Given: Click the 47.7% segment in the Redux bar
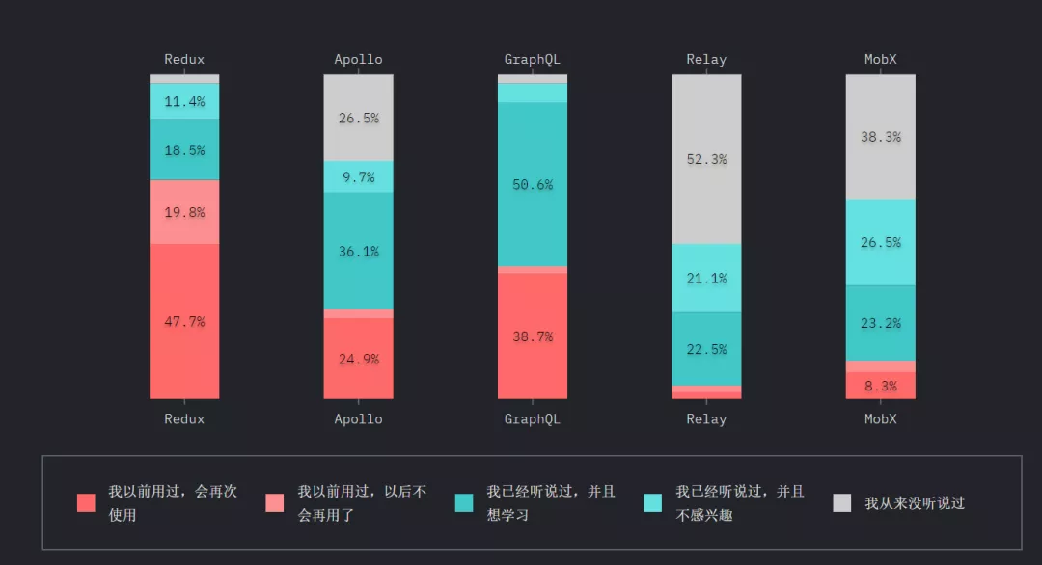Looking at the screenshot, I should (x=184, y=321).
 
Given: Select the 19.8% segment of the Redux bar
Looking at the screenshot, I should (x=184, y=212).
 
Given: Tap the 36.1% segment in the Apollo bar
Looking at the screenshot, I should (x=358, y=251).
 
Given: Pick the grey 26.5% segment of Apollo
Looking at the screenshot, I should (x=358, y=118).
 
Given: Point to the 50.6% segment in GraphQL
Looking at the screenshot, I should (x=533, y=184).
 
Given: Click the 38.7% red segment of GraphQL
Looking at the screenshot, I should (x=533, y=336).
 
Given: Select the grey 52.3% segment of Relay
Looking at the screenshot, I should (x=706, y=159).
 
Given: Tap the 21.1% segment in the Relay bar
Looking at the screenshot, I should (x=706, y=278).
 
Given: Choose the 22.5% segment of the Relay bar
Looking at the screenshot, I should (x=706, y=349).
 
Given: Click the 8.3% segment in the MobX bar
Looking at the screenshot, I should (x=881, y=386).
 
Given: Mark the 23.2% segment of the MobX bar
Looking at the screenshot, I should (x=881, y=323).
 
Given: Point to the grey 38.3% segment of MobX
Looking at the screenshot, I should (x=881, y=137).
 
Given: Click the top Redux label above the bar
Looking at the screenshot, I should (x=184, y=59).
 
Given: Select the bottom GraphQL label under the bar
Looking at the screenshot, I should (x=533, y=419).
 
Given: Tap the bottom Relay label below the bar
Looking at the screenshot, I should (x=706, y=419).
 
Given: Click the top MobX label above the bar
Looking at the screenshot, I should (x=881, y=59).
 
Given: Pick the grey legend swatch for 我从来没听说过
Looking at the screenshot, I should (x=842, y=502).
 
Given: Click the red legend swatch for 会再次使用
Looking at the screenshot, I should (x=87, y=502).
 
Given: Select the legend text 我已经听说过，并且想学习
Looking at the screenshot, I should (x=550, y=502).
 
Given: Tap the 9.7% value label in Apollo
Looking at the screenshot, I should (x=358, y=177).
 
